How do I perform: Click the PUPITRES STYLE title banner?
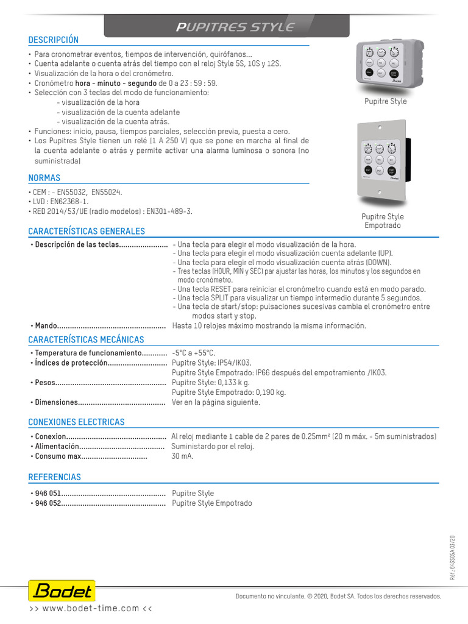coord(235,27)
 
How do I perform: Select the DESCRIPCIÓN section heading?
coord(54,40)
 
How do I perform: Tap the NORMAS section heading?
coord(44,178)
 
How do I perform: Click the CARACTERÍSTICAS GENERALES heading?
coord(87,231)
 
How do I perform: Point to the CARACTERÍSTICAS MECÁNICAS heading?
coord(86,339)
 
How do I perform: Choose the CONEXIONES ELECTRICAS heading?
coord(76,422)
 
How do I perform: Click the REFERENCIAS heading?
coord(54,477)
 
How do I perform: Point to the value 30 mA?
coord(183,456)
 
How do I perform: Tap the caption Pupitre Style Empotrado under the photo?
coord(383,221)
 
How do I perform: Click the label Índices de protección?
coord(71,363)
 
